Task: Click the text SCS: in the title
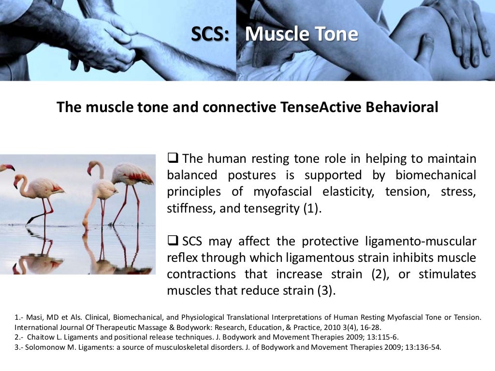(x=210, y=34)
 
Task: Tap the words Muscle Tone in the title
(x=302, y=34)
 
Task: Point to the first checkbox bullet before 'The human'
(x=173, y=158)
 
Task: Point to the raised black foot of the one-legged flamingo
(x=30, y=220)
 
